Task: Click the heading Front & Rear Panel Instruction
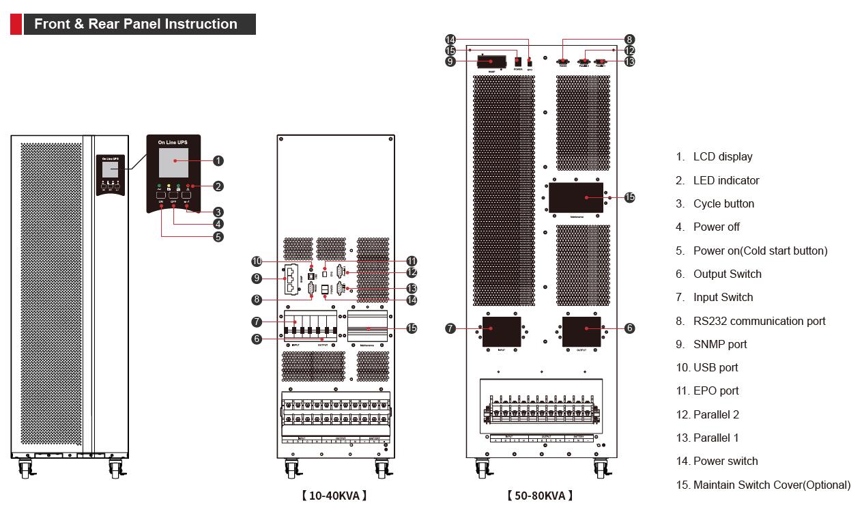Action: pyautogui.click(x=137, y=24)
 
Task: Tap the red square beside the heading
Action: pyautogui.click(x=16, y=24)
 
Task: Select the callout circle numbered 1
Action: pyautogui.click(x=218, y=160)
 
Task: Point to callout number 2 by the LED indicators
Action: pyautogui.click(x=218, y=186)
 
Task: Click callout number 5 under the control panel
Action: pyautogui.click(x=218, y=237)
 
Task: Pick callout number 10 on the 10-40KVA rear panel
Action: pyautogui.click(x=257, y=261)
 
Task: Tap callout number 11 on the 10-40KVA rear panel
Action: pyautogui.click(x=412, y=261)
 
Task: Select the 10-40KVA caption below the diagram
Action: pyautogui.click(x=334, y=496)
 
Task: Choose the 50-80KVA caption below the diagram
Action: pyautogui.click(x=540, y=496)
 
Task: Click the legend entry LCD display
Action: pyautogui.click(x=722, y=156)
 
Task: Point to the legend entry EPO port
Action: pyautogui.click(x=715, y=390)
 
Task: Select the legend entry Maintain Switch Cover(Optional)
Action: pyautogui.click(x=771, y=485)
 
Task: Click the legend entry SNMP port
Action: pyautogui.click(x=719, y=344)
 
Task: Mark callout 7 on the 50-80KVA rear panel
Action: pyautogui.click(x=450, y=328)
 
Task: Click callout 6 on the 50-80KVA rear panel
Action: pyautogui.click(x=629, y=328)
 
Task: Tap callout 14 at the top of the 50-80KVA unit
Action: pyautogui.click(x=450, y=40)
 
